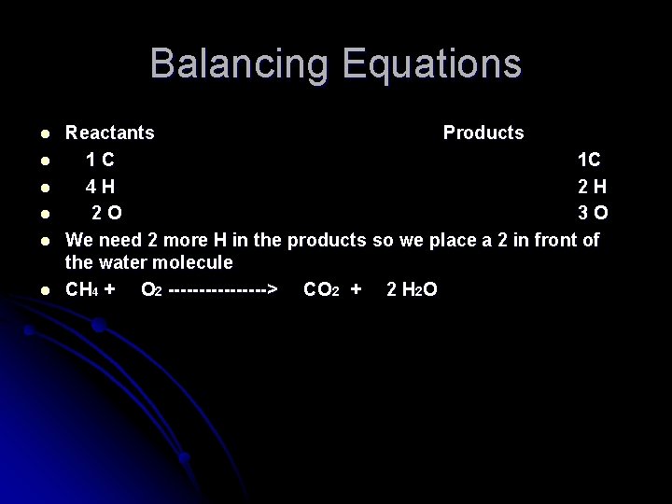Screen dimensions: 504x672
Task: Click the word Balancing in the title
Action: tap(239, 64)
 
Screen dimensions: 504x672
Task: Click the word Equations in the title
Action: tap(430, 64)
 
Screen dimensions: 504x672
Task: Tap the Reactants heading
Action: tap(110, 133)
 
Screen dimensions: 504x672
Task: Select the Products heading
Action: tap(483, 133)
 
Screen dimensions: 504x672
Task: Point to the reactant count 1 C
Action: tap(101, 160)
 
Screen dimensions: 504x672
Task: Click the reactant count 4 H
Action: tap(102, 186)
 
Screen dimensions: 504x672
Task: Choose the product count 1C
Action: tap(589, 160)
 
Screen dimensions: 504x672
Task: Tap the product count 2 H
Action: tap(591, 186)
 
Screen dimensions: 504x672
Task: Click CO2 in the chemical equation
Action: tap(322, 289)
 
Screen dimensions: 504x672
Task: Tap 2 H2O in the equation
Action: tap(412, 289)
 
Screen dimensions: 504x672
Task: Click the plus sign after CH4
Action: tap(110, 288)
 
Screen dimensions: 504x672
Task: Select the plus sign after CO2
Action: tap(356, 288)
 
